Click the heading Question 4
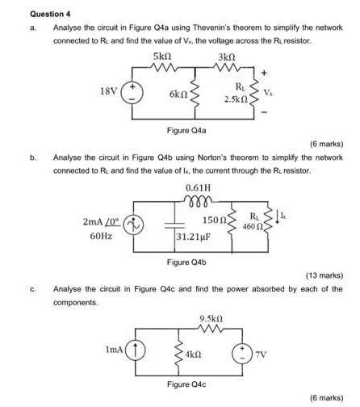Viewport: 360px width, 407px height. tap(50, 13)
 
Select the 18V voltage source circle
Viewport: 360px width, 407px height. tap(132, 93)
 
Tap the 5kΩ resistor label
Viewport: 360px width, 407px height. tap(161, 58)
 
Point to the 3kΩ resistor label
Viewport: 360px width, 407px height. tap(228, 58)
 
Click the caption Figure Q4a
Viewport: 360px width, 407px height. tap(186, 130)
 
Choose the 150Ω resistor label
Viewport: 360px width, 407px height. tap(213, 220)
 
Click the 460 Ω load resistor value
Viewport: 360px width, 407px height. tap(254, 226)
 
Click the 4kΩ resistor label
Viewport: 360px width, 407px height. tap(192, 355)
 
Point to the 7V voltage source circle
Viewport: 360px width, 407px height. tap(241, 353)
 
